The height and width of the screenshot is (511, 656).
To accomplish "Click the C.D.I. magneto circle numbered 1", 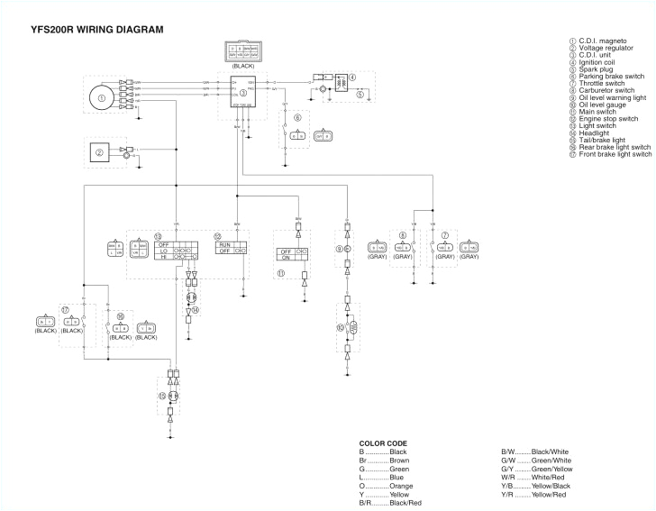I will pyautogui.click(x=102, y=97).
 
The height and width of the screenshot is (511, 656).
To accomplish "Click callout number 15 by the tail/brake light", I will pyautogui.click(x=161, y=396).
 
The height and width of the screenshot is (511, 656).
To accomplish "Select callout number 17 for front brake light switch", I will pyautogui.click(x=64, y=308).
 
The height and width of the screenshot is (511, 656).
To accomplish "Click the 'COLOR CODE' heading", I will pyautogui.click(x=383, y=443).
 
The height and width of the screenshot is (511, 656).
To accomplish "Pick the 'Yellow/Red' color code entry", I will pyautogui.click(x=549, y=495).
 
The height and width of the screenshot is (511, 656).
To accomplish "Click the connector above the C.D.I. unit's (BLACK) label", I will pyautogui.click(x=242, y=51).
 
